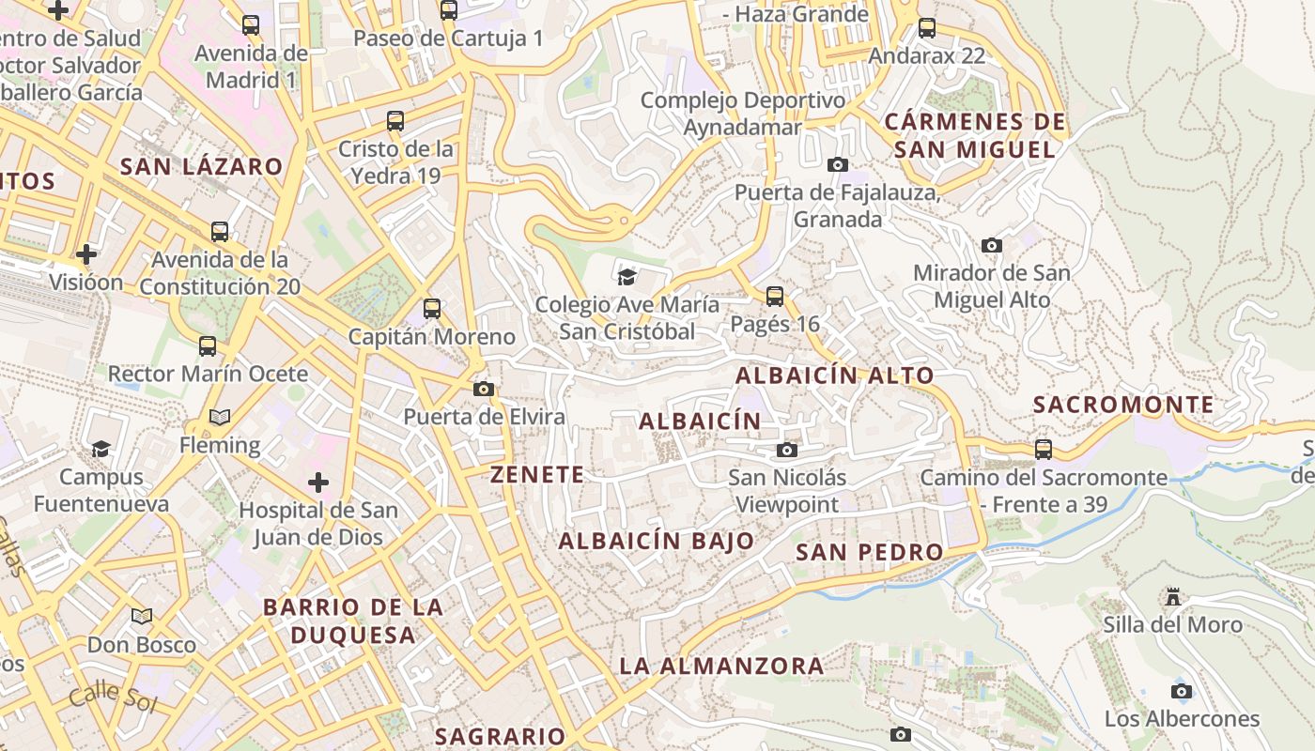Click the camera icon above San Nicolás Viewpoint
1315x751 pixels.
(787, 451)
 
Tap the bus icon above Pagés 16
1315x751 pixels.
(775, 297)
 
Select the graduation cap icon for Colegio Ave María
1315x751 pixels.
(627, 276)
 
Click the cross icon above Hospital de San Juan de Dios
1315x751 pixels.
(318, 483)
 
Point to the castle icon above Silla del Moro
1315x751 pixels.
(1172, 597)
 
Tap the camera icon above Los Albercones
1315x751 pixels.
(1182, 692)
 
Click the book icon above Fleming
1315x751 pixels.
(220, 417)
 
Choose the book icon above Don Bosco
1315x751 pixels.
(142, 617)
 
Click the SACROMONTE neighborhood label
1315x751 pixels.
(1123, 405)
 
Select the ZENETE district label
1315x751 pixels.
(537, 475)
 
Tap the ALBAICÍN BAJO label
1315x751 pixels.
(657, 541)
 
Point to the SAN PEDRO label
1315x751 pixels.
(870, 552)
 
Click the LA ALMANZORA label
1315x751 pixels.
(721, 666)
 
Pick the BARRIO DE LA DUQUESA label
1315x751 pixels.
(352, 621)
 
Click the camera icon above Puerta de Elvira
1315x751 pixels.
(484, 389)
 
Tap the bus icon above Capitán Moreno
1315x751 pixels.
(432, 308)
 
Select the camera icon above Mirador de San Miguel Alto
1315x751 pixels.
(991, 246)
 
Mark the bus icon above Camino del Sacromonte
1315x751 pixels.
(1044, 449)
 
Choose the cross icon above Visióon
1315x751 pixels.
(86, 254)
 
